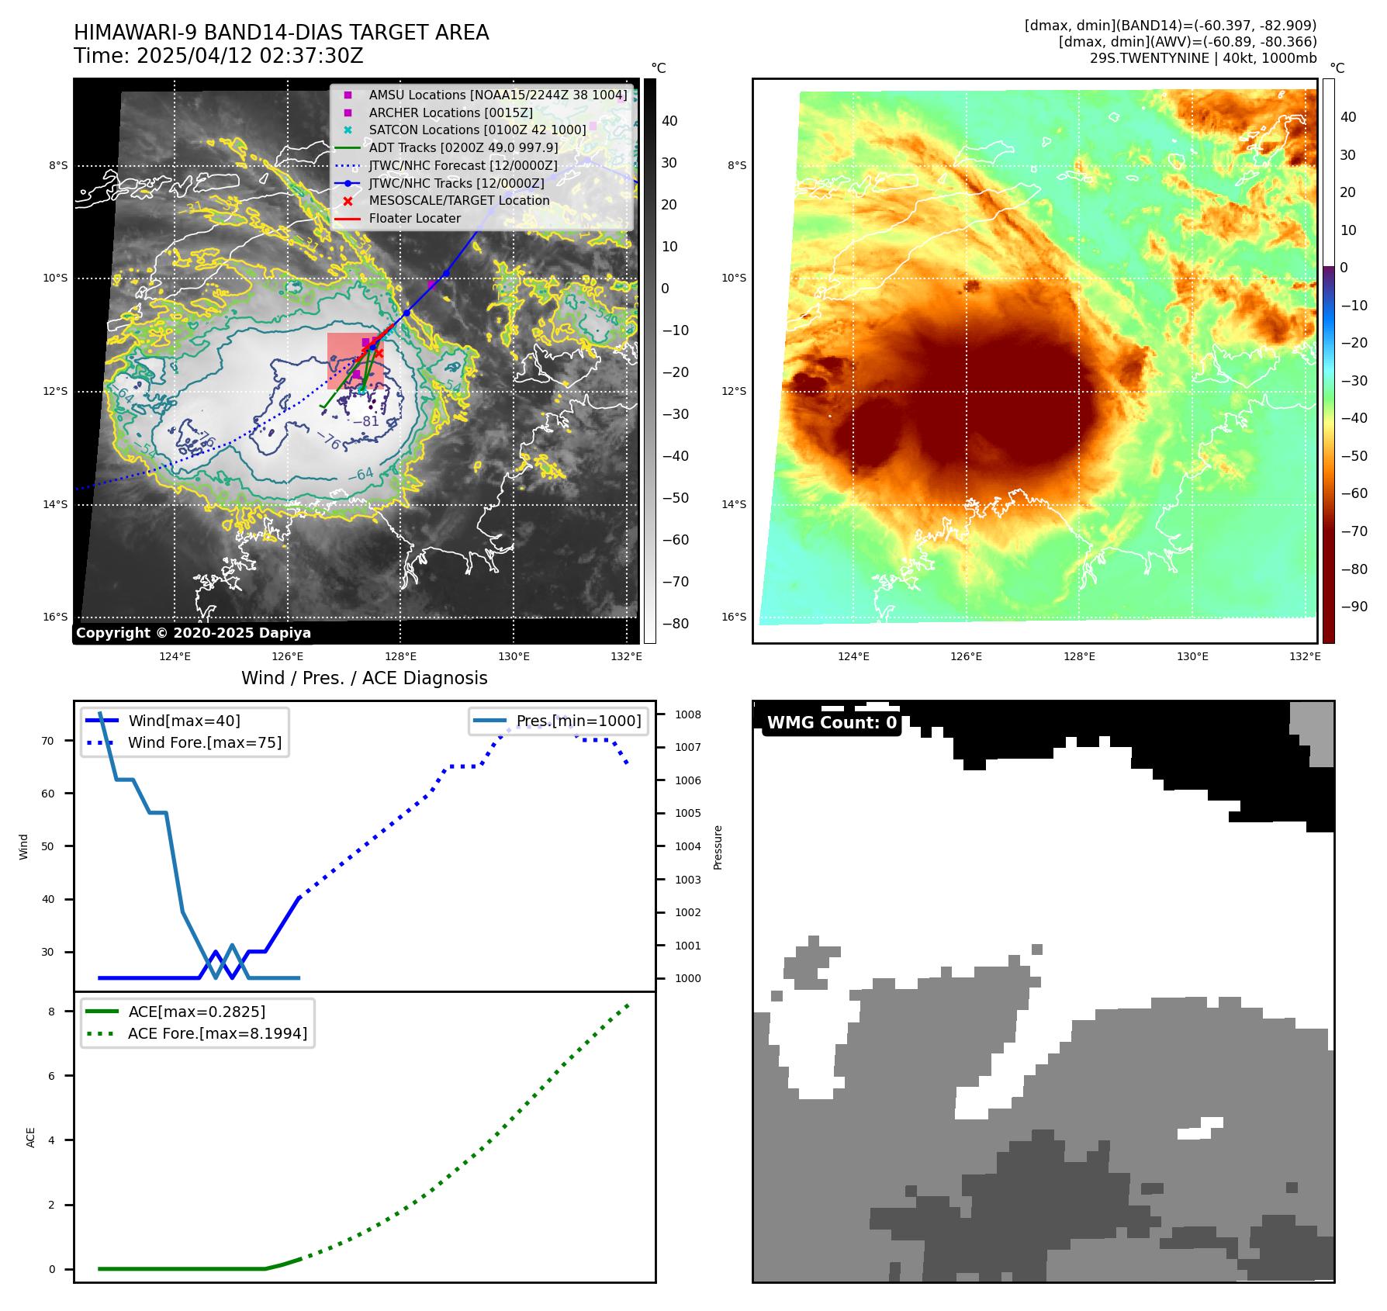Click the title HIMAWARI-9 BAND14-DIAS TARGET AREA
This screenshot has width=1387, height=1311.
[281, 33]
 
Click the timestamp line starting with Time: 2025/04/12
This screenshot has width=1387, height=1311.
[218, 56]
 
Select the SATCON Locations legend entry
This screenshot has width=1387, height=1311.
[477, 130]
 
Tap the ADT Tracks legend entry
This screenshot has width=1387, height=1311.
[463, 147]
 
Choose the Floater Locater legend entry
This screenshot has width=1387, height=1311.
[414, 218]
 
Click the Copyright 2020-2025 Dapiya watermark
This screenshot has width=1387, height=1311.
[193, 633]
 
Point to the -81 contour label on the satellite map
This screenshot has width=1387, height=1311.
[366, 421]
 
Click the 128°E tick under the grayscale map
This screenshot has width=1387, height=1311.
[400, 656]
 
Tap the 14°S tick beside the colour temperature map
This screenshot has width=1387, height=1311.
[734, 504]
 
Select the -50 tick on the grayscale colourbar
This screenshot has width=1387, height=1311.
[675, 498]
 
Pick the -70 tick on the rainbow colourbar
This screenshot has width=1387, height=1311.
[1354, 531]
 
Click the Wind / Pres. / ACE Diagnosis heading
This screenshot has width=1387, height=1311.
[364, 678]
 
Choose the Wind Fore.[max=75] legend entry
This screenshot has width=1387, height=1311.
[205, 742]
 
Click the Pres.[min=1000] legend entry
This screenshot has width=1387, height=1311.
[579, 721]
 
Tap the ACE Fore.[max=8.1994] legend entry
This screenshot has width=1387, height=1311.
[217, 1033]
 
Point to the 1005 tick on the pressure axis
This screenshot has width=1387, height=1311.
[687, 813]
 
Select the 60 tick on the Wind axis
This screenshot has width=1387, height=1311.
[48, 794]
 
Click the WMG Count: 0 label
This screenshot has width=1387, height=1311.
[832, 723]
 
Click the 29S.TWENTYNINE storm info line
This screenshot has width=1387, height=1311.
[1202, 58]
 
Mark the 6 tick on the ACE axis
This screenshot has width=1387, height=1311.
[52, 1076]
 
